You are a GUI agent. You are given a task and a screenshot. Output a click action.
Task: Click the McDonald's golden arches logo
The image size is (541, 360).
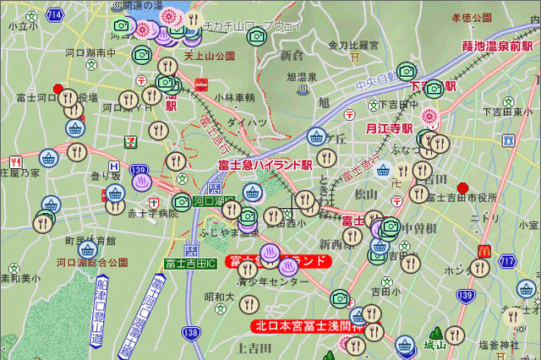(485, 251)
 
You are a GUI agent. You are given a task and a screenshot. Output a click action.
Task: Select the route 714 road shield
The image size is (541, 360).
(54, 15)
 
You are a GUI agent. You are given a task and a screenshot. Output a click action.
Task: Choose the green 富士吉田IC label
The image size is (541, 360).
(190, 265)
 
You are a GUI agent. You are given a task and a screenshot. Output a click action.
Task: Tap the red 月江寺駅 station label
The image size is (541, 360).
(389, 128)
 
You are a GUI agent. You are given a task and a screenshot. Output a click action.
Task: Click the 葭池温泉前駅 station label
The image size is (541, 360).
(496, 45)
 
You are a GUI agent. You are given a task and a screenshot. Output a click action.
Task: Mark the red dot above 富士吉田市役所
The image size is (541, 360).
(462, 187)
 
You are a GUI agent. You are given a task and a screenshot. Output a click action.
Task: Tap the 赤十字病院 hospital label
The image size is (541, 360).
(153, 214)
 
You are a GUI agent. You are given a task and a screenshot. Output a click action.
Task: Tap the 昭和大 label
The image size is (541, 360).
(219, 297)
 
